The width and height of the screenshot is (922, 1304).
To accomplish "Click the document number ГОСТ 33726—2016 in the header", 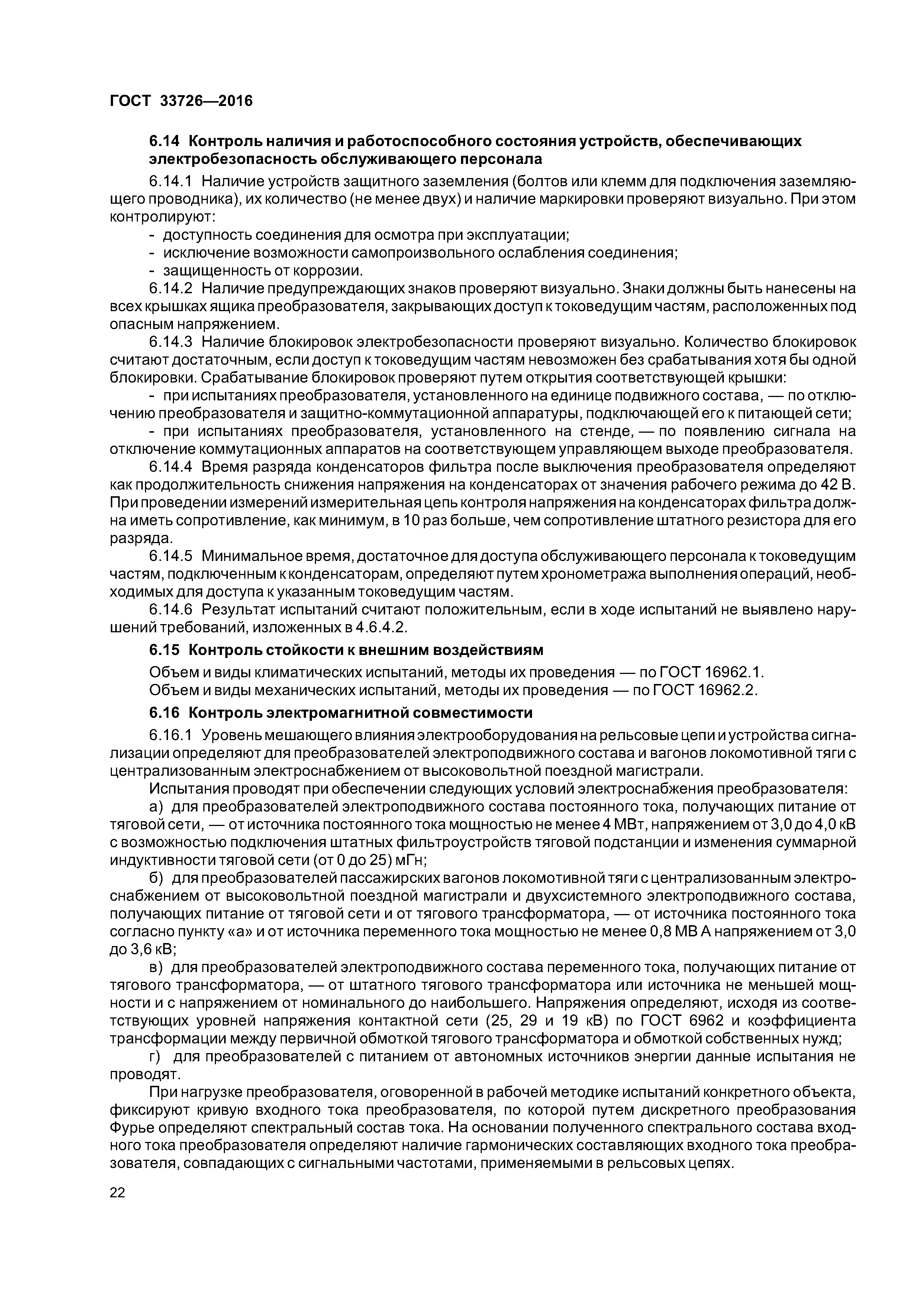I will [181, 101].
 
